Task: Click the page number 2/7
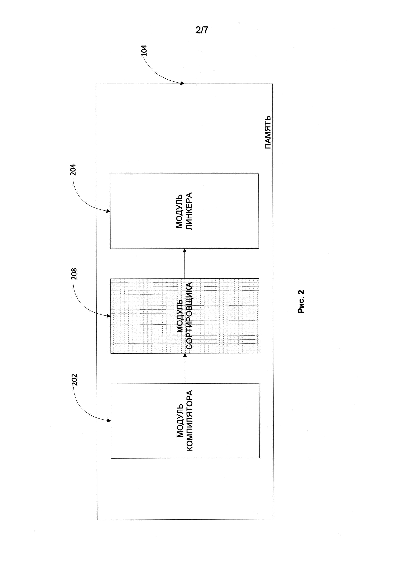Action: click(202, 30)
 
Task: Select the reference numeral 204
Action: click(73, 170)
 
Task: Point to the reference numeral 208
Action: click(74, 274)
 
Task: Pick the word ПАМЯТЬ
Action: click(268, 132)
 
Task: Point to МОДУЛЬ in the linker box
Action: click(179, 211)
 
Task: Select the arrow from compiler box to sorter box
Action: click(185, 368)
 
